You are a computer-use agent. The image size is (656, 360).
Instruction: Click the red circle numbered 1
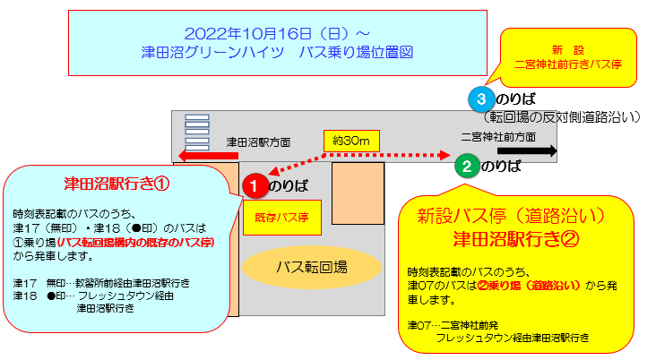(x=254, y=185)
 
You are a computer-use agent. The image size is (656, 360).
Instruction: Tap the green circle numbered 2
(x=465, y=166)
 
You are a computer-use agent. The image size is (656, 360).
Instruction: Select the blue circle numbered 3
(x=481, y=98)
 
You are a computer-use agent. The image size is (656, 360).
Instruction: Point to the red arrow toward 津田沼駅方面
(x=206, y=156)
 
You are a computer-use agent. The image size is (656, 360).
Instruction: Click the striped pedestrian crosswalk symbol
(x=196, y=132)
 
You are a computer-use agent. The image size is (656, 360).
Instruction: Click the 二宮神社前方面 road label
(x=498, y=137)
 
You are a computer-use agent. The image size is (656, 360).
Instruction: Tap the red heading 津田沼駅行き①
(x=116, y=184)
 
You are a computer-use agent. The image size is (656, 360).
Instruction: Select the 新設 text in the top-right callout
(x=567, y=48)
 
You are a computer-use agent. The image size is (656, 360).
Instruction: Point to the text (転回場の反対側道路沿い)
(x=561, y=116)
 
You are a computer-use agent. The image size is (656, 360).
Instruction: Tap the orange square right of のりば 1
(x=358, y=193)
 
